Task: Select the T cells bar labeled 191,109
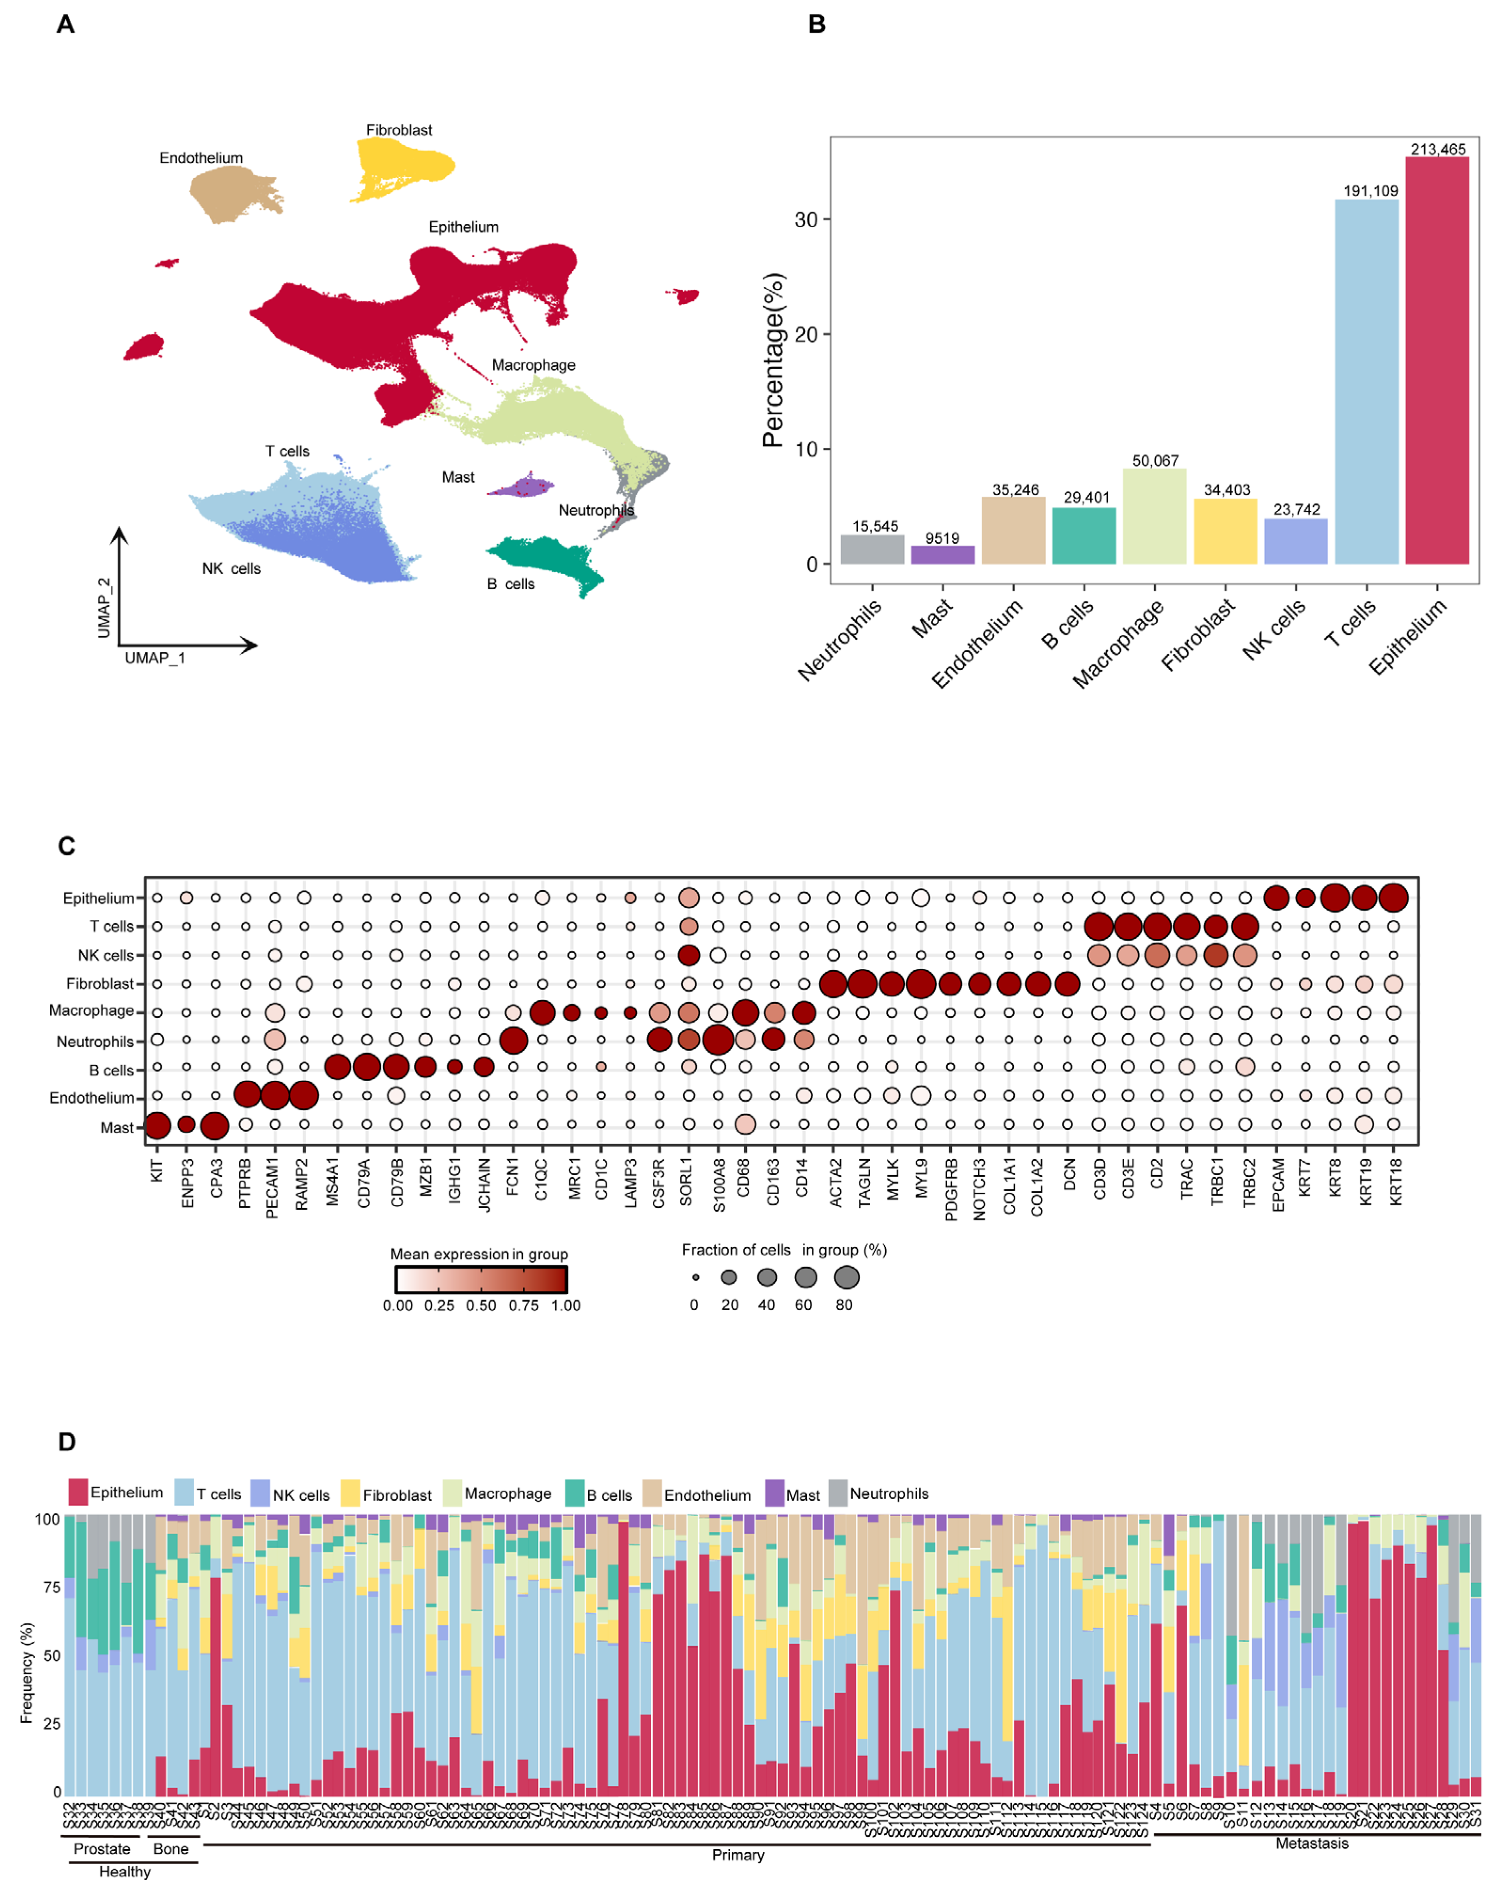[1366, 381]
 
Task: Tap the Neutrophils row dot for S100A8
[717, 1041]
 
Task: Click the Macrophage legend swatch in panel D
[453, 1493]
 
